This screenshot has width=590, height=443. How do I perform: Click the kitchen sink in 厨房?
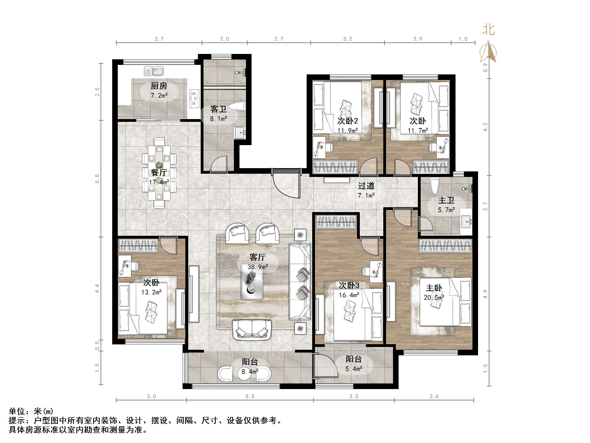click(154, 72)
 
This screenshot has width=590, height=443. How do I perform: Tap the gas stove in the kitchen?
click(194, 98)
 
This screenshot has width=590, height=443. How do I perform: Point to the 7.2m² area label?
click(159, 95)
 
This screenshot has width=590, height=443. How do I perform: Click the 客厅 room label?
click(257, 257)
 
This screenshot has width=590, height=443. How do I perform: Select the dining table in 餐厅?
click(159, 173)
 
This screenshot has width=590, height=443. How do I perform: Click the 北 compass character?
click(488, 30)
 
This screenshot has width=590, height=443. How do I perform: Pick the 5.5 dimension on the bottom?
click(250, 396)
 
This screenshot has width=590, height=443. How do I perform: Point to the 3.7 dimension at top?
click(159, 39)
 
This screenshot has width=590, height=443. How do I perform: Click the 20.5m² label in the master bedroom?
click(434, 297)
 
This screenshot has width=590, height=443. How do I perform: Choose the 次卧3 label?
click(349, 285)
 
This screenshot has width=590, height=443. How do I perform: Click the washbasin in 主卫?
click(466, 221)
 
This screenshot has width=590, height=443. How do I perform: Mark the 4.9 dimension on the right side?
click(485, 294)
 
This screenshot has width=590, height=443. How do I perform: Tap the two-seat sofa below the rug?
click(252, 329)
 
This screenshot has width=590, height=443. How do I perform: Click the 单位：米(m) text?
click(31, 411)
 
